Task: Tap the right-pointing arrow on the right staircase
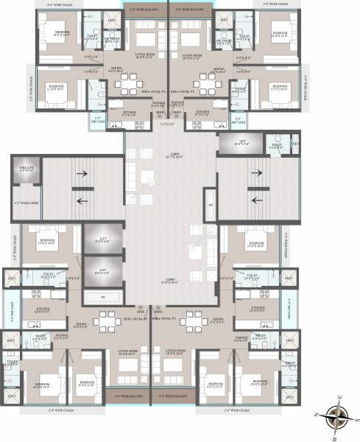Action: (x=256, y=175)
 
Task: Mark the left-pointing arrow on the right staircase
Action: (x=256, y=200)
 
